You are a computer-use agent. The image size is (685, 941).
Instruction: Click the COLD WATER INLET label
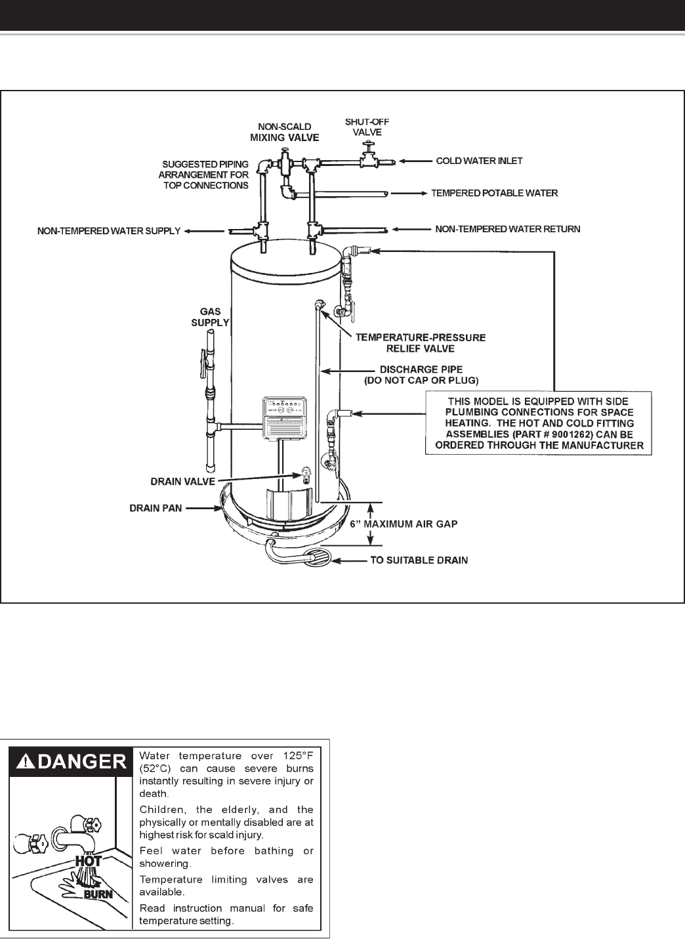[479, 160]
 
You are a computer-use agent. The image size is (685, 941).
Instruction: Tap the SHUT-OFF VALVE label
[367, 127]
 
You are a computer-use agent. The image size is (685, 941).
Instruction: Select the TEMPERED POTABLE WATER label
[494, 194]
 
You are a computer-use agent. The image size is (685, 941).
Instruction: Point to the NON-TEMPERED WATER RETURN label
[508, 229]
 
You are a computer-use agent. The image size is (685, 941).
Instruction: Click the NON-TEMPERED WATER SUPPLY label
[109, 231]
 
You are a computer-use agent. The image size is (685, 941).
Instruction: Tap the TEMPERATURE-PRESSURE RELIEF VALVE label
[421, 343]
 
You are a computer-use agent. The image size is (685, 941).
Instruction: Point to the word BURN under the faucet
[98, 894]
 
